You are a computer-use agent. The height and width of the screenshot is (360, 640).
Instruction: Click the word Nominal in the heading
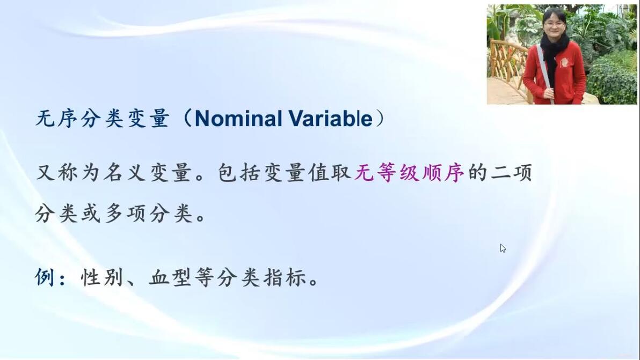(x=238, y=119)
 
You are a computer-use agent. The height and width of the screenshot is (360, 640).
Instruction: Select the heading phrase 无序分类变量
(x=103, y=119)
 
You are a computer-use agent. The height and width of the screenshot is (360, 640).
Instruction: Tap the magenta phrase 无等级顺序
(x=409, y=172)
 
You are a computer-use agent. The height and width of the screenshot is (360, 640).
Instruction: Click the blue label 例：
(x=50, y=277)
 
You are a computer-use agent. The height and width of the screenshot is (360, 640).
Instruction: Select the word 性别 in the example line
(x=101, y=277)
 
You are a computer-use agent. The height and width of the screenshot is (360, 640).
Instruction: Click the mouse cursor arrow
(x=503, y=248)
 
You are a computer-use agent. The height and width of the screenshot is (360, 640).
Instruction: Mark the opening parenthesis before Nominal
(x=187, y=119)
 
